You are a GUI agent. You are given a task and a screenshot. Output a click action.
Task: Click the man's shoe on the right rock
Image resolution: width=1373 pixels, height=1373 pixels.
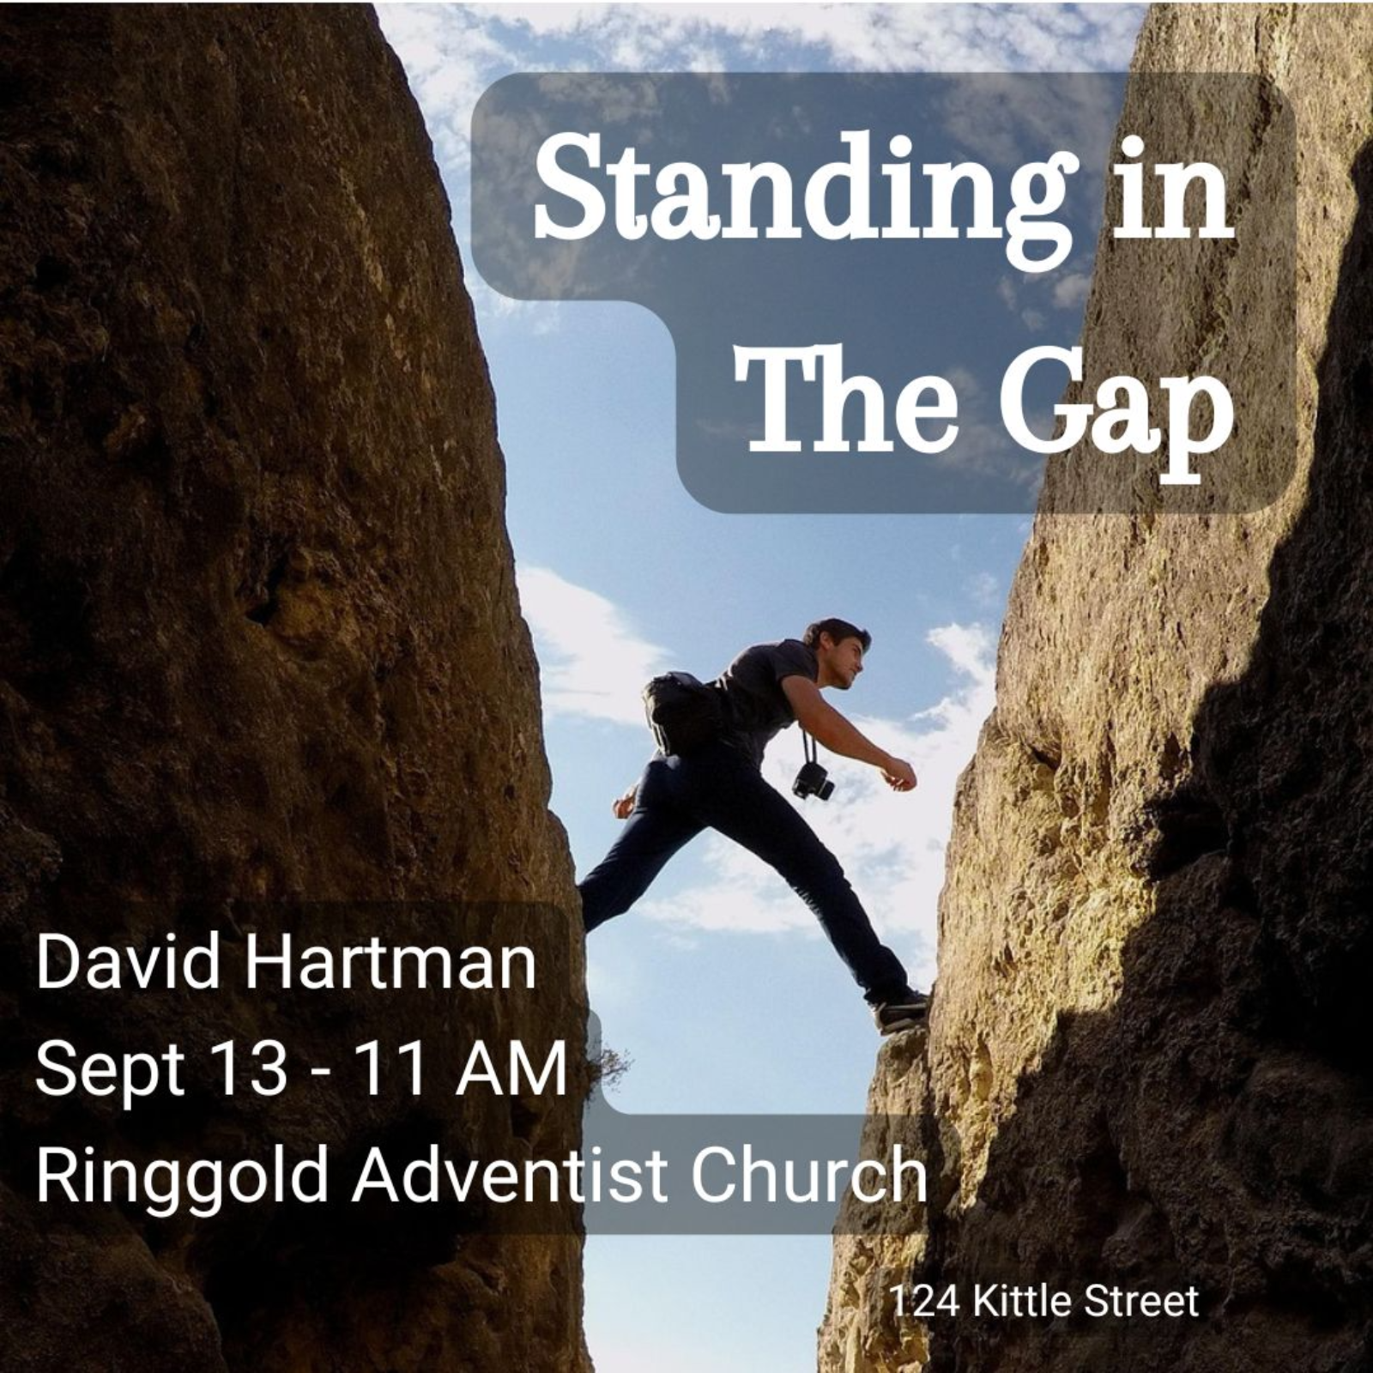[901, 1013]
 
